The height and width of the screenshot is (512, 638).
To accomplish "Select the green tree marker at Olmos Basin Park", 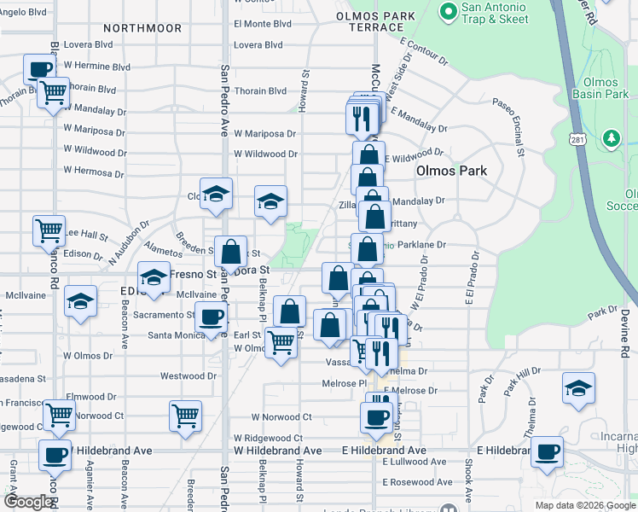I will (610, 137).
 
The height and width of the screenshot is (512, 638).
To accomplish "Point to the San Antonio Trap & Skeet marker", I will (448, 12).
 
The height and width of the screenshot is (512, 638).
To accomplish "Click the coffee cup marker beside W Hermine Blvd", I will (40, 69).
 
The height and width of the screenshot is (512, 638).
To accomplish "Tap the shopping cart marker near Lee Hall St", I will (49, 230).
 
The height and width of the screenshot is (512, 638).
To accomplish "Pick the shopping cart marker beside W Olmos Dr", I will (281, 342).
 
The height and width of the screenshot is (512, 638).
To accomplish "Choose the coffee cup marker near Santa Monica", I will (211, 317).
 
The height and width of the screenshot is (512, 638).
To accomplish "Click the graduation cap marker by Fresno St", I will (154, 277).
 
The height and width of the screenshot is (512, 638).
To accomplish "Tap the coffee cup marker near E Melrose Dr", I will (376, 417).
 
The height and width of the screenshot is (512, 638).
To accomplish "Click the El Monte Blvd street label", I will (262, 24).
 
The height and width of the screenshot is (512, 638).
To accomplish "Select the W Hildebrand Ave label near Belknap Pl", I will (277, 451).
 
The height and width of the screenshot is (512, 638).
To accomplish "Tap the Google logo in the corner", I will (28, 502).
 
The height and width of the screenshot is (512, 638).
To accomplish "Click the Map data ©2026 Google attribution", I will (584, 505).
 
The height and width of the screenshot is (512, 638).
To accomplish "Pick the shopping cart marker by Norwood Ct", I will (59, 415).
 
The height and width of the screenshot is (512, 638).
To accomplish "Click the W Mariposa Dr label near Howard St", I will (264, 133).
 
